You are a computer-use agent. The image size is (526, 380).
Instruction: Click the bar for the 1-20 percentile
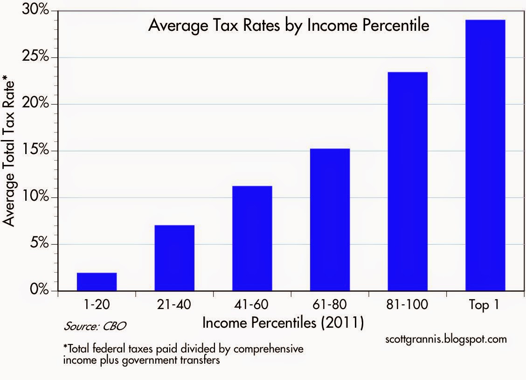tap(97, 281)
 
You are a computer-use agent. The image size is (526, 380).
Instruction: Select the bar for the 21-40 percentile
tap(174, 258)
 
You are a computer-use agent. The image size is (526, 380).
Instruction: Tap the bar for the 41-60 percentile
tap(252, 238)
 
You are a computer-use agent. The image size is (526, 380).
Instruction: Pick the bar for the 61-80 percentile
tap(330, 219)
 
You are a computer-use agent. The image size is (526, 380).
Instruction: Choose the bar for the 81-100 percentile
tap(408, 181)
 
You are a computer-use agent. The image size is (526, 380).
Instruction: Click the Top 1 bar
tap(485, 155)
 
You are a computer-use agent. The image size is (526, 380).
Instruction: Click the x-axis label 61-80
tap(330, 306)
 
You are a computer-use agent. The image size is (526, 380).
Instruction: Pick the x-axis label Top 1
tap(485, 306)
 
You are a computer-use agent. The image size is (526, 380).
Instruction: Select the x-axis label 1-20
tap(97, 306)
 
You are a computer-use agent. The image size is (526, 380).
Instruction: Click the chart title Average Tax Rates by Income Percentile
tap(288, 26)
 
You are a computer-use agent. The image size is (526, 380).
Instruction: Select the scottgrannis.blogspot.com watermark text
tap(446, 339)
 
